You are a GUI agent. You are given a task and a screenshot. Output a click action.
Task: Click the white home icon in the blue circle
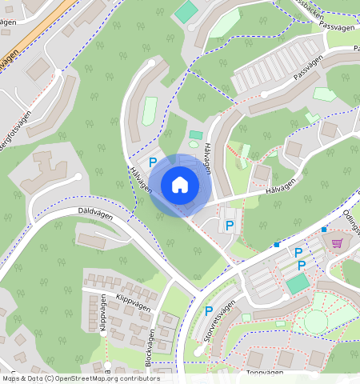coord(180,185)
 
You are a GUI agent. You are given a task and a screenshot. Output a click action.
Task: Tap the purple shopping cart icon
coord(337,243)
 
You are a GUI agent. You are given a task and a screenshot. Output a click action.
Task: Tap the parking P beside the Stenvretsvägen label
coord(209,310)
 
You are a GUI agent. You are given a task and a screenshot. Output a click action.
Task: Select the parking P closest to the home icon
coord(153,162)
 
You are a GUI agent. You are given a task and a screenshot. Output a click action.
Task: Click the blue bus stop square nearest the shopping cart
coord(324,230)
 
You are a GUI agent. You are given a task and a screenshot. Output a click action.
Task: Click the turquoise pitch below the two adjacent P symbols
coord(298,283)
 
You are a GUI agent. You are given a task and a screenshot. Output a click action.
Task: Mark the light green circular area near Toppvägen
coord(315,321)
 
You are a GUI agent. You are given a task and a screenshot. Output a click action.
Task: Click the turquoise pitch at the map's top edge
coord(186,11)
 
